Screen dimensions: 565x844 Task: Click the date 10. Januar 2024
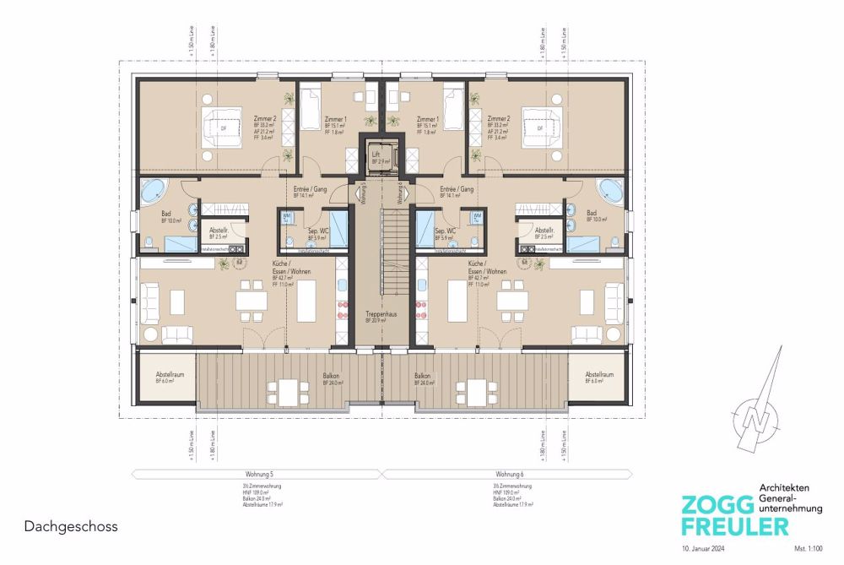pos(702,548)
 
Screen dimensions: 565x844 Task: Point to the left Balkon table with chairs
pos(284,392)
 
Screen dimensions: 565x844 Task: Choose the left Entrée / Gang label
pos(305,190)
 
